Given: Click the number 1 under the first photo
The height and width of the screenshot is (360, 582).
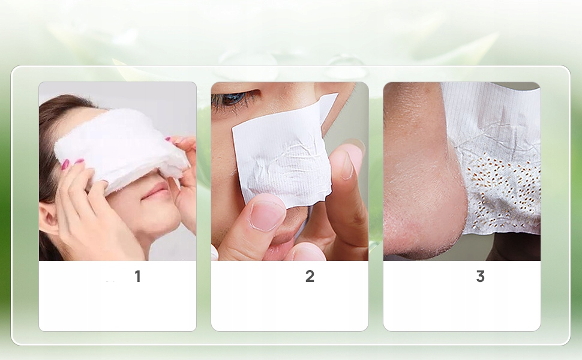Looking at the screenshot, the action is [138, 276].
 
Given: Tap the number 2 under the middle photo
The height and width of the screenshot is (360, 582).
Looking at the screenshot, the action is [310, 276].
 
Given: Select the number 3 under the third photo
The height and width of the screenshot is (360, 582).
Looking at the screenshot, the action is [480, 276].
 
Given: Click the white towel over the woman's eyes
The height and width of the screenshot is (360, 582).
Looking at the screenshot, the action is [121, 148].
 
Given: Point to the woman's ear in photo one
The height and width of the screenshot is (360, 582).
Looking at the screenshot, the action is [47, 219].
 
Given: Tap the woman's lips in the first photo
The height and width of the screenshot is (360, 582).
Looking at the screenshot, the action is [155, 192].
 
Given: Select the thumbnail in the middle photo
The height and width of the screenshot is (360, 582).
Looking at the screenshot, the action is [266, 216].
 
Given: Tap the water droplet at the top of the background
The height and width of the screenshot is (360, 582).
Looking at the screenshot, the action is [344, 67].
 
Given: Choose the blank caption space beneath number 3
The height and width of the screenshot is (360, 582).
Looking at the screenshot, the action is [462, 308].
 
